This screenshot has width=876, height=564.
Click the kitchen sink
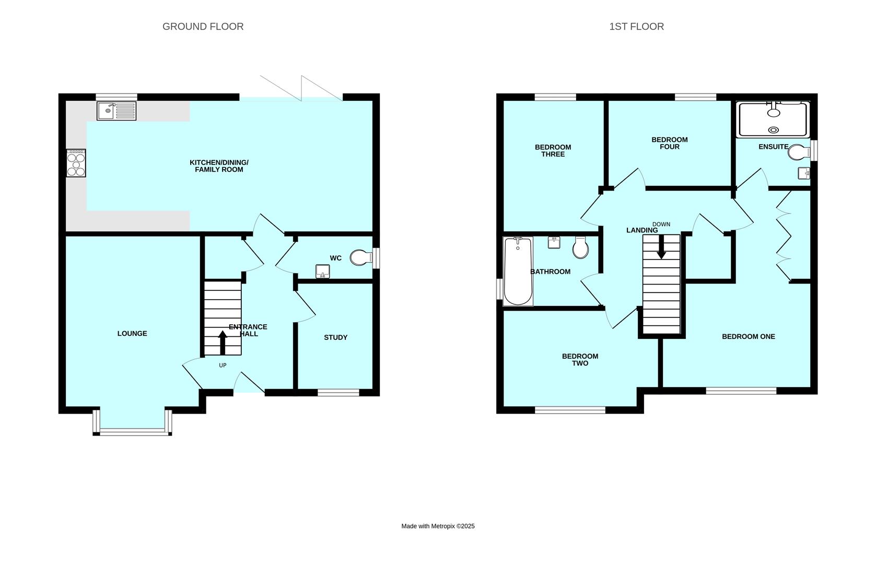point(116,111)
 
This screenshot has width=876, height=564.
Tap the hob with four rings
point(76,163)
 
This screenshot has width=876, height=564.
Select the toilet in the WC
point(361,257)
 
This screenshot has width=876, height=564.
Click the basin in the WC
point(323,271)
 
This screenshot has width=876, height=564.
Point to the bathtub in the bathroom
point(518,271)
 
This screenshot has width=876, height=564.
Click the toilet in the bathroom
point(580,248)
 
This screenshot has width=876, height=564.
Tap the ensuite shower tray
point(773,119)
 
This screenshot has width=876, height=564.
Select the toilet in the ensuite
point(799,152)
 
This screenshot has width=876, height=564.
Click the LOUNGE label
point(132,333)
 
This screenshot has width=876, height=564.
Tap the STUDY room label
point(335,337)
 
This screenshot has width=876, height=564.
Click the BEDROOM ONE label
point(749,336)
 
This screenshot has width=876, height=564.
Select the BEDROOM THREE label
point(553,150)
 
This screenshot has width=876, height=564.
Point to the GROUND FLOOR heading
point(203,27)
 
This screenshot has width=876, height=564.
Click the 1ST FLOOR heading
point(637,27)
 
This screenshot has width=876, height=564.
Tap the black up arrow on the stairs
point(223,343)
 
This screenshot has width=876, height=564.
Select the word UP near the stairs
point(223,366)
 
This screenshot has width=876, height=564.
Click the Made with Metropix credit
point(438,526)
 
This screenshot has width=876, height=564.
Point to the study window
point(338,392)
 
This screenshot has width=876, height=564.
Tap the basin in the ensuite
point(804,173)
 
